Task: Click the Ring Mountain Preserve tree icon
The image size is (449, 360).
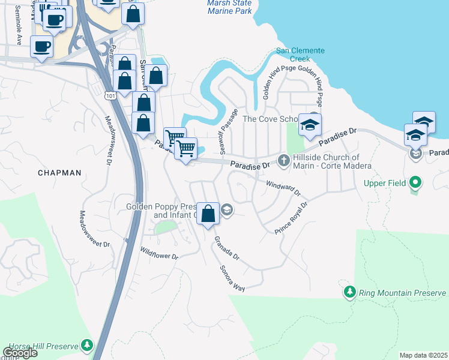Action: click(350, 292)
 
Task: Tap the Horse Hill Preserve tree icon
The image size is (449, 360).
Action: click(88, 346)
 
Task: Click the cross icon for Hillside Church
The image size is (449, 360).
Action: click(284, 160)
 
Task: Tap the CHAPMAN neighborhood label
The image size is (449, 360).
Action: click(59, 173)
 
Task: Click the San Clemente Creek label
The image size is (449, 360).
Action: click(300, 55)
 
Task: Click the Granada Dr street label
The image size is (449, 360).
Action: click(227, 248)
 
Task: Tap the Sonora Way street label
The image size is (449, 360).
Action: click(232, 278)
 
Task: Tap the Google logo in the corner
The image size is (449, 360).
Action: click(20, 353)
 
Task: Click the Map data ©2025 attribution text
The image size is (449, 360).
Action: click(423, 355)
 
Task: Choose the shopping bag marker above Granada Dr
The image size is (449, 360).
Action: click(208, 214)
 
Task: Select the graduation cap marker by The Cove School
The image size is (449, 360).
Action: click(310, 125)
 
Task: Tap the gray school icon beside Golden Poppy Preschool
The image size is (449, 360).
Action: click(226, 209)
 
